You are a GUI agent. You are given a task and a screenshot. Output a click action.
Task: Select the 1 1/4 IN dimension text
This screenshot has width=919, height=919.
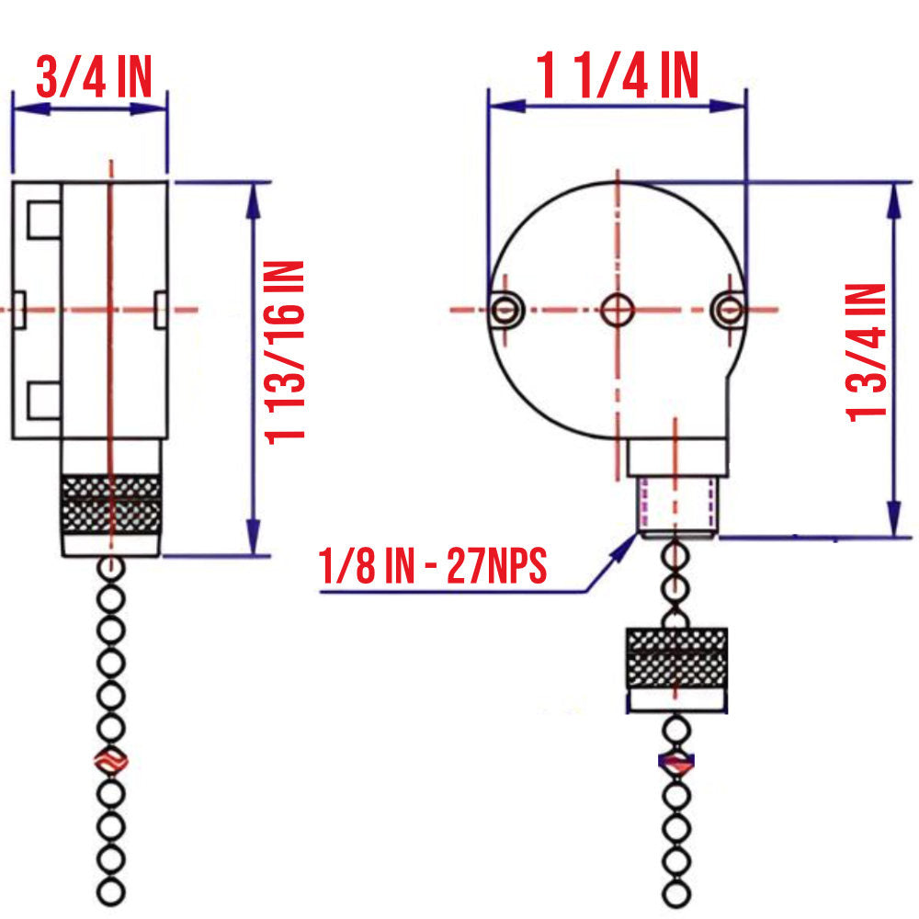(x=618, y=75)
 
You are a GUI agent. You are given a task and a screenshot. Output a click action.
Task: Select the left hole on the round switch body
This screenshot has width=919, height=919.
(x=505, y=310)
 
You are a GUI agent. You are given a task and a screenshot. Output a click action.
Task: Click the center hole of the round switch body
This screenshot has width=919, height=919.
(x=618, y=310)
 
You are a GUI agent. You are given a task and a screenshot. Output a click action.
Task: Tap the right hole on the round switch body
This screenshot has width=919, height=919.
(x=728, y=310)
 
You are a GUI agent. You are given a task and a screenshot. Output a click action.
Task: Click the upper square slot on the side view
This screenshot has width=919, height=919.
(x=42, y=220)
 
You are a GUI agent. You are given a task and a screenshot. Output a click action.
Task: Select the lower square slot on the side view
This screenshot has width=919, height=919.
(x=42, y=399)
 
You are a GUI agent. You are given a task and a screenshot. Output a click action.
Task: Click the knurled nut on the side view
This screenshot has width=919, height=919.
(x=110, y=505)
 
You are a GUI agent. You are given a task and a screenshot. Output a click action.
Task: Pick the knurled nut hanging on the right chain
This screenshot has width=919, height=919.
(x=676, y=658)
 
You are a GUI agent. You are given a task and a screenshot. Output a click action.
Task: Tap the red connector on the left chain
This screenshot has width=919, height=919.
(x=110, y=762)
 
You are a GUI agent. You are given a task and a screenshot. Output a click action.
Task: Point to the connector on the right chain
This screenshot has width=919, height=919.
(x=676, y=762)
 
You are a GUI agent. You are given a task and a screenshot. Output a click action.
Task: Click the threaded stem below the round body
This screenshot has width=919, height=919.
(x=676, y=506)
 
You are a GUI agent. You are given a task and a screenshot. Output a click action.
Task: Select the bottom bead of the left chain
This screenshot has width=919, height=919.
(x=110, y=891)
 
